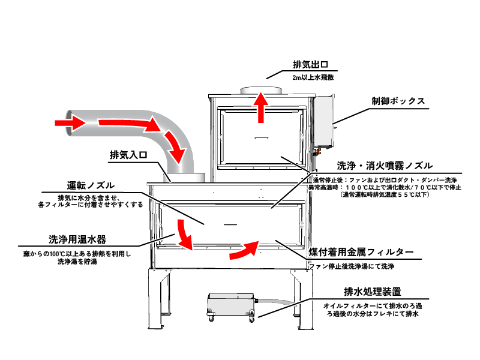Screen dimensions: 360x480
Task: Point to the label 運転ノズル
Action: click(x=91, y=185)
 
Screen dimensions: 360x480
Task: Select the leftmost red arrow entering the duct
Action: click(x=68, y=122)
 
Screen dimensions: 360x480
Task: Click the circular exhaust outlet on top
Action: click(x=261, y=91)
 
